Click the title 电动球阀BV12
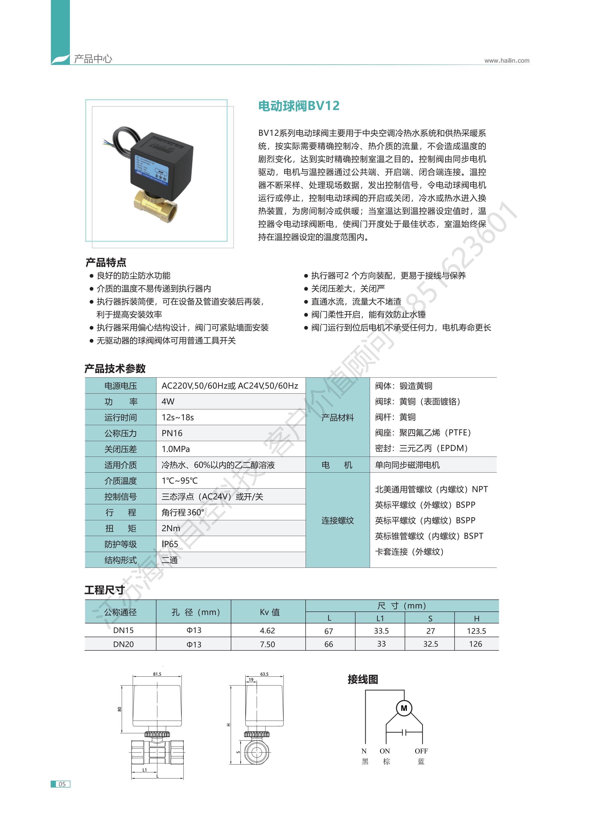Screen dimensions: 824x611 click(298, 106)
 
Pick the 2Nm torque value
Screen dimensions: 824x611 click(171, 528)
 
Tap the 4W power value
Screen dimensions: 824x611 click(168, 401)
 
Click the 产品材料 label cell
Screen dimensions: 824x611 click(337, 418)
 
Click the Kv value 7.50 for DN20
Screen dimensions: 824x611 click(267, 644)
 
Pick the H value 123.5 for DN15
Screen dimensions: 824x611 click(476, 631)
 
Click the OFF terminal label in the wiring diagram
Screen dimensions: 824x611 click(421, 751)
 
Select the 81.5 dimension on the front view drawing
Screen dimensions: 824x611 click(157, 674)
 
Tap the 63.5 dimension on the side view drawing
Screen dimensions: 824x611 click(264, 674)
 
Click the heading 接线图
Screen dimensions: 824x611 click(363, 679)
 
